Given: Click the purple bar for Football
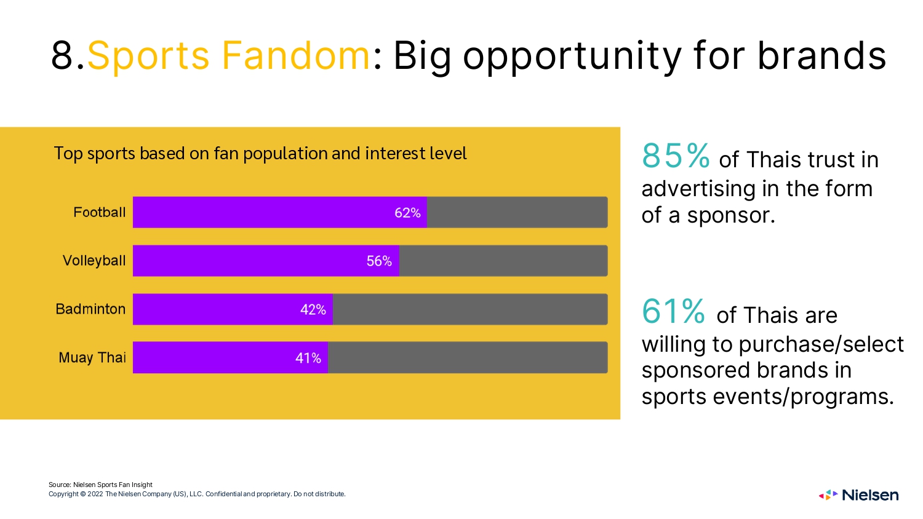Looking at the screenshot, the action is coord(280,212).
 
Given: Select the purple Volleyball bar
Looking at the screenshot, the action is coord(266,261).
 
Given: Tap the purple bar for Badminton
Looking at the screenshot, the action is coord(233,309).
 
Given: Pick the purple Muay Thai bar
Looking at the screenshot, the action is coord(230,357).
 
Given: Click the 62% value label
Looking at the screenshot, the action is coord(407,213).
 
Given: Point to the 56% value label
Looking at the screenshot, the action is coord(379,261).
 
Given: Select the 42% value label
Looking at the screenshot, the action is coord(313,310).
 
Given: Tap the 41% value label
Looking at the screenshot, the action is coord(308,358).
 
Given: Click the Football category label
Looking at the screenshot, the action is coord(99,212).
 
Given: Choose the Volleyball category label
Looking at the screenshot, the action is coord(94,261).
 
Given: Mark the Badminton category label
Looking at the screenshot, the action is coord(90,309).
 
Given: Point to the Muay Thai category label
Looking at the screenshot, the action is coord(92,357).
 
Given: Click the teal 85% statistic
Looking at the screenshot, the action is coord(676,156).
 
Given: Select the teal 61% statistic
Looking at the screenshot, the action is coord(673,311).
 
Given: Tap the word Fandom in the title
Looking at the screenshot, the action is coord(295,55).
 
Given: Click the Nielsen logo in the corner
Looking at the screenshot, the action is coord(859,494).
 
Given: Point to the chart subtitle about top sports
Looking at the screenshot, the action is coord(260,154).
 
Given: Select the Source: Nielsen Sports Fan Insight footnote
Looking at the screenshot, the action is coord(100,485).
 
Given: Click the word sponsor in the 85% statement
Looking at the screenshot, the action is coord(731,216).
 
